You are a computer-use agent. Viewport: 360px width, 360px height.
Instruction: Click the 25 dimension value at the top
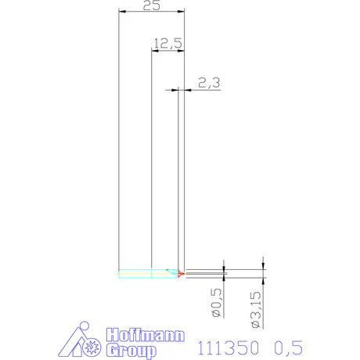(152, 5)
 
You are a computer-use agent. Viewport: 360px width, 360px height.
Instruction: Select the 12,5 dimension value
(167, 44)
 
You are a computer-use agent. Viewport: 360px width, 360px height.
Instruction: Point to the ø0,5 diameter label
(218, 305)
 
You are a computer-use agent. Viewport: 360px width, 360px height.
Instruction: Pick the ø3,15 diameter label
(257, 310)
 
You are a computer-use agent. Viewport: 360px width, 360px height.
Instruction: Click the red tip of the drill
(182, 274)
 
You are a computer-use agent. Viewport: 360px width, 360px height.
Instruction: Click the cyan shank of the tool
(133, 274)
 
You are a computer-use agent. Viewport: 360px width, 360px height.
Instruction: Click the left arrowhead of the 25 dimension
(120, 12)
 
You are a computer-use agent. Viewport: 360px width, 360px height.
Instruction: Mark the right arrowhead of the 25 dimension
(183, 12)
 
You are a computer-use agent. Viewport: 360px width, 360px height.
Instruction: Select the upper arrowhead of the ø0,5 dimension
(225, 269)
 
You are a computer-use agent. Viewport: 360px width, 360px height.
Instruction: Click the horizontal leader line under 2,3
(203, 90)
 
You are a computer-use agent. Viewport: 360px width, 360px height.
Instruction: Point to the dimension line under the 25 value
(152, 12)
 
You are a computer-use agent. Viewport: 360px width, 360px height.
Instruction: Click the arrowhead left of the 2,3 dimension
(176, 90)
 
